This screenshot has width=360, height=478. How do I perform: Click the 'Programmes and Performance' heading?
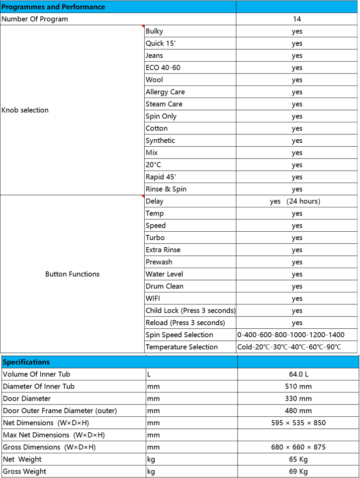coord(53,7)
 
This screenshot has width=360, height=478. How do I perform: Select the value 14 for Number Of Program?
coord(297,19)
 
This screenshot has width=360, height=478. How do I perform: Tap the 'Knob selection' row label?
coord(25,110)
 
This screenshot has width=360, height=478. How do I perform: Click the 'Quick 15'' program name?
coord(160,43)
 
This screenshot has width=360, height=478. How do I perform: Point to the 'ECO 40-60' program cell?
coord(163,68)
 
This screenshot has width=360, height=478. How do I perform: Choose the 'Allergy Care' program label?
coord(165,92)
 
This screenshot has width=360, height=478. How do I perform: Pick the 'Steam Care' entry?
coord(164,104)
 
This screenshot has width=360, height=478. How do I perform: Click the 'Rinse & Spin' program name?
coord(166,189)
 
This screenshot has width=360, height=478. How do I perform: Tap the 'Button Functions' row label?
coord(72,274)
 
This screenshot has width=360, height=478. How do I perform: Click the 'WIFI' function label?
coord(153,298)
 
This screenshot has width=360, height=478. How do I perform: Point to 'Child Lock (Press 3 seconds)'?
coord(190,310)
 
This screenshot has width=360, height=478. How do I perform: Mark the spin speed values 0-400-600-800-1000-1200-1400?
coord(291,335)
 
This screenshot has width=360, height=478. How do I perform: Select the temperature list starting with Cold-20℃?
coord(289,347)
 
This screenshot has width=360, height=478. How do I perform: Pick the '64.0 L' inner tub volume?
coord(298,374)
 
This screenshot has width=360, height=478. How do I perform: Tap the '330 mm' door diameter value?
coord(298,398)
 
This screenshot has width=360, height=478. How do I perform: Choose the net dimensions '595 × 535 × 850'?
coord(298,423)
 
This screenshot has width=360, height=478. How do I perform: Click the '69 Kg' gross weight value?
coord(298,472)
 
